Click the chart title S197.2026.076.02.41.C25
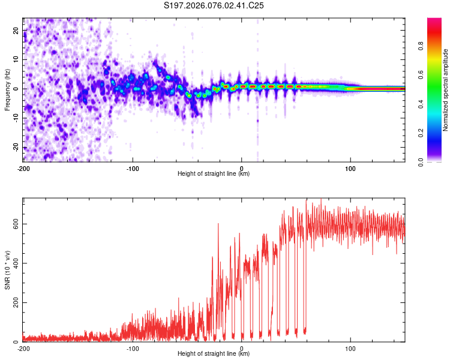[x=214, y=5]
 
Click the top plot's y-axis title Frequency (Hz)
[x=7, y=90]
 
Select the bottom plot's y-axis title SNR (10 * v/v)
[x=7, y=270]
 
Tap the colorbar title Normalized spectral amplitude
[x=446, y=90]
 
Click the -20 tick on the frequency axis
[x=16, y=148]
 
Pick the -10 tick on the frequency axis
[x=16, y=118]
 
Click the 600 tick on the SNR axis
[x=15, y=224]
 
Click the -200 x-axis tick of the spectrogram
[x=23, y=168]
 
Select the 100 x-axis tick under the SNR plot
[x=350, y=348]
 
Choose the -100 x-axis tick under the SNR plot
[x=133, y=348]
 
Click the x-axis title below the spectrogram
[x=214, y=174]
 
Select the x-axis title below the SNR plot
[x=214, y=354]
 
